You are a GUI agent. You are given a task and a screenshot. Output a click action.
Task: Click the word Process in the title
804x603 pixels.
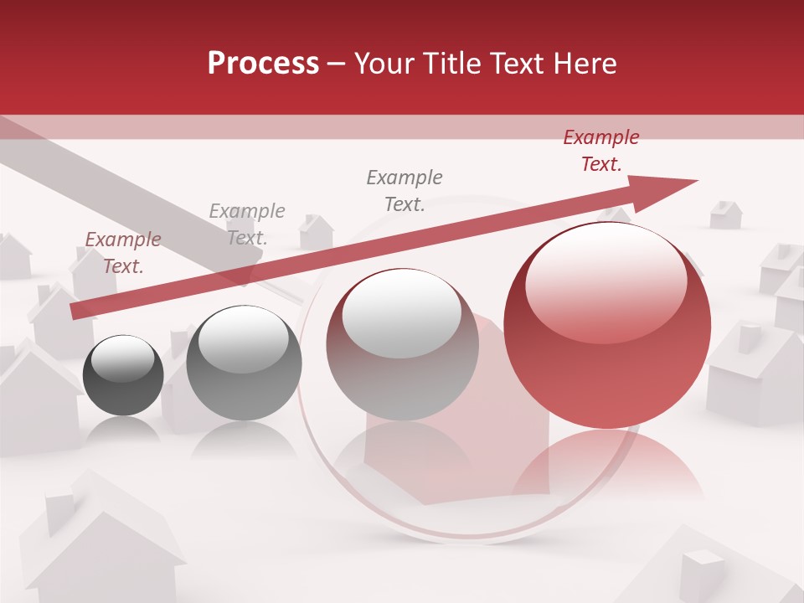[263, 64]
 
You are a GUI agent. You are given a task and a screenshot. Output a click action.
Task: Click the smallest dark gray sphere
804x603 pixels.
[123, 375]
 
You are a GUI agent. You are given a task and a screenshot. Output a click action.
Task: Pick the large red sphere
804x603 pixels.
[607, 327]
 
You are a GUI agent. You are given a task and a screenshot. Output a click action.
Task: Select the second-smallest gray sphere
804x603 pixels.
[244, 363]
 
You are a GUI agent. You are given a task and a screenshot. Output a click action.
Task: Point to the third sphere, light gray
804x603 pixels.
[402, 344]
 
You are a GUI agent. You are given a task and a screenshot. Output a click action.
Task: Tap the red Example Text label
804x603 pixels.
[600, 151]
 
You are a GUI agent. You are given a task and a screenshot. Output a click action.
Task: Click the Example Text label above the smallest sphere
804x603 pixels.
[122, 253]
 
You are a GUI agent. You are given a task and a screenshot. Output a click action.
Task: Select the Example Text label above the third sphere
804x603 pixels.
[404, 190]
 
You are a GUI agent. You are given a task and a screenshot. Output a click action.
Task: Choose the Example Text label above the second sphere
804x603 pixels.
[246, 224]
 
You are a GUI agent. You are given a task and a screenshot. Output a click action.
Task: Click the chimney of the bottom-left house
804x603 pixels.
[59, 513]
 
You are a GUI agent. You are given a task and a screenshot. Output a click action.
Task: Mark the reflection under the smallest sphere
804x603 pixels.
[123, 429]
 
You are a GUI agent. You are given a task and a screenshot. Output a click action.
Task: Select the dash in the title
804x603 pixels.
[336, 64]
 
